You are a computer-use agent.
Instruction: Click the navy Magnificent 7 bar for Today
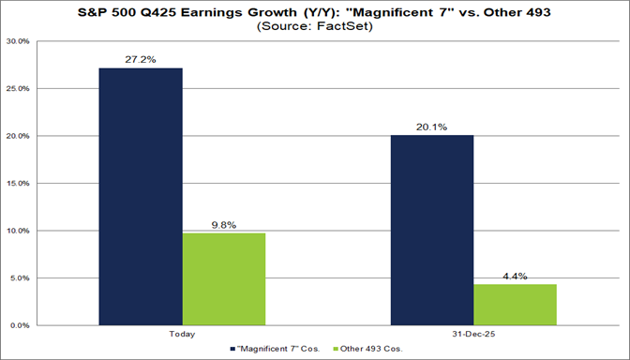point(142,197)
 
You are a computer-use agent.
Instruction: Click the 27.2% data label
point(142,58)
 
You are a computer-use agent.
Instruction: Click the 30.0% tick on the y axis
point(17,42)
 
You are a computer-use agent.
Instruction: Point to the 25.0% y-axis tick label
point(17,89)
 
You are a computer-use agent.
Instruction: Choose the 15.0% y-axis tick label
point(17,184)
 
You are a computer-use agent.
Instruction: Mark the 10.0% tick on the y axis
point(17,231)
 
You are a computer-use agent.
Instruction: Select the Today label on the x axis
point(183,335)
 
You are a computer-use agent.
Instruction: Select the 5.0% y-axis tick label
point(19,278)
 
